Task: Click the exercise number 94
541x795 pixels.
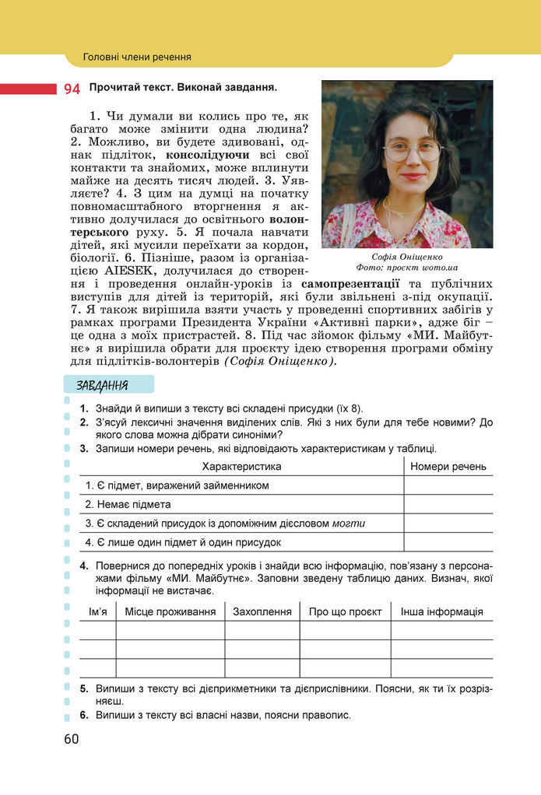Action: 72,89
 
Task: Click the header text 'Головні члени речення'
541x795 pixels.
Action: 137,57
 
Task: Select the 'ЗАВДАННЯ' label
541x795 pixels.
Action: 103,385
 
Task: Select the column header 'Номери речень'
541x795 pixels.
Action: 448,466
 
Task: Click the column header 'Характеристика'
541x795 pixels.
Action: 241,466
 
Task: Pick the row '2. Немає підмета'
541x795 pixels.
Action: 128,504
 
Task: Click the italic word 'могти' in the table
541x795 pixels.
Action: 349,524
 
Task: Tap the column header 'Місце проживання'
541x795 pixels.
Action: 170,611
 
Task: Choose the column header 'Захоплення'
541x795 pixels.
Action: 262,611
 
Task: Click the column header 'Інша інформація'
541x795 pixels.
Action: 441,611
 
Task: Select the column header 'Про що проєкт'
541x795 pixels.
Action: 345,611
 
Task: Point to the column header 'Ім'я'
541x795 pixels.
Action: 97,611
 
